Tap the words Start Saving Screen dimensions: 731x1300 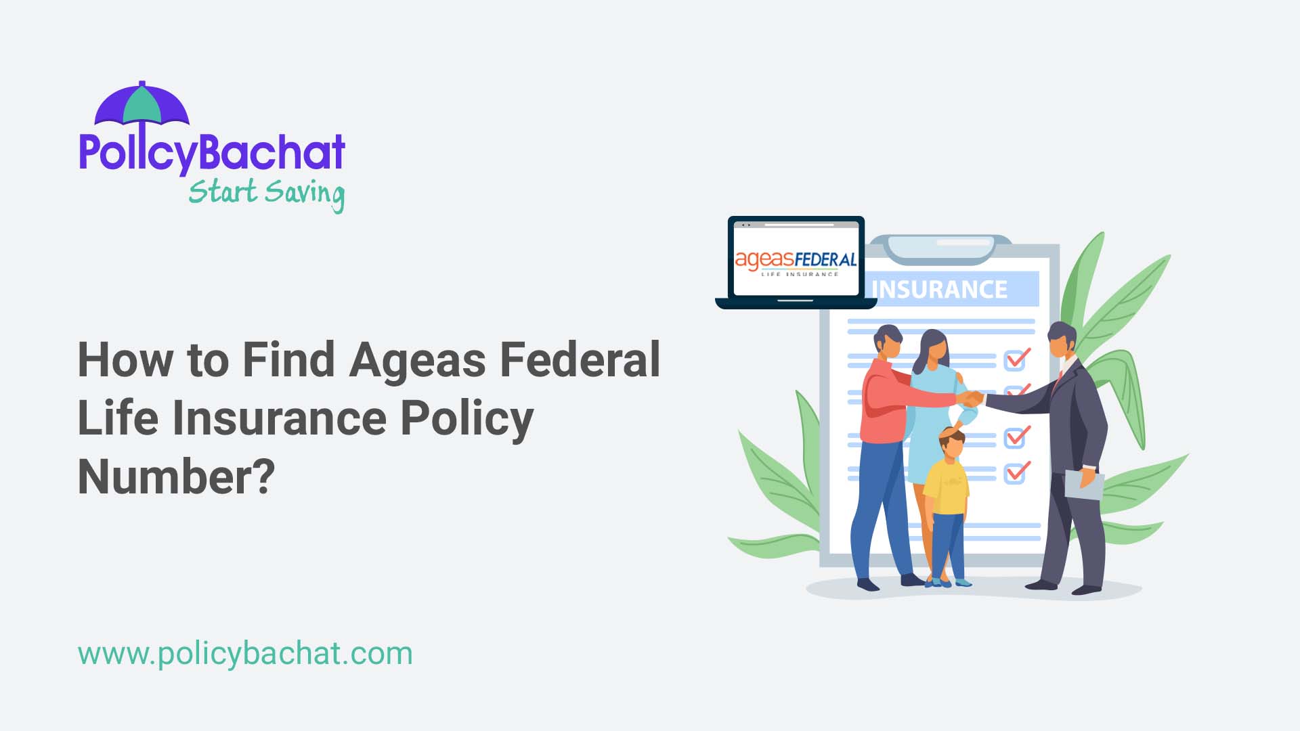[266, 193]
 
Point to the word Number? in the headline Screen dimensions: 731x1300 [177, 477]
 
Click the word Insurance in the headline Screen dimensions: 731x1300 [279, 418]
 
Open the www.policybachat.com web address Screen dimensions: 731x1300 [245, 654]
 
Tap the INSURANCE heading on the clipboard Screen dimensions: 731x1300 [939, 290]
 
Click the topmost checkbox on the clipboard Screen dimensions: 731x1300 [1016, 359]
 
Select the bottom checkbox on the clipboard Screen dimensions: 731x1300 [1016, 472]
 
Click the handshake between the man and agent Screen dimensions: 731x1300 [973, 399]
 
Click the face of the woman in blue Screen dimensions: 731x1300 [934, 350]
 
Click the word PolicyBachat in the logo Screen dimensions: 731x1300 [212, 152]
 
